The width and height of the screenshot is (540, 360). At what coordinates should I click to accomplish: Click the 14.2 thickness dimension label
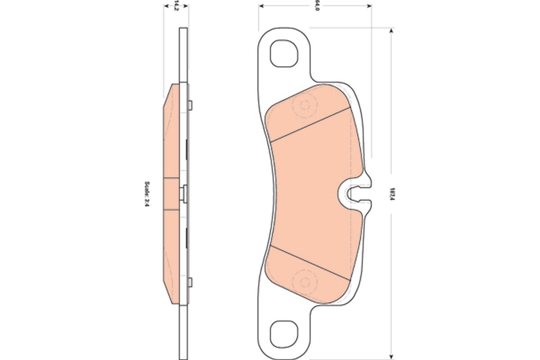click(x=176, y=6)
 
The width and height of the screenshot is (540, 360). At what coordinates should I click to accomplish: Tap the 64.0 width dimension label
click(x=316, y=6)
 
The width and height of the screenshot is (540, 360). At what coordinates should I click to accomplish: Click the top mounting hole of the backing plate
click(x=283, y=53)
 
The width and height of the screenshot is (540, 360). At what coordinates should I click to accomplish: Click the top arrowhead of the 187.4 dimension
click(x=391, y=31)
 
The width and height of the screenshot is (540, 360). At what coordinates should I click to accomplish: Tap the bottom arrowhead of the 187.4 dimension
click(x=391, y=356)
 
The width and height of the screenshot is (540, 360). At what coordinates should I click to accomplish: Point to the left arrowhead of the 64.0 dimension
click(x=261, y=6)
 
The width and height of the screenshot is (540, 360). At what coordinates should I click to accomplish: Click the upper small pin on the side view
click(x=191, y=105)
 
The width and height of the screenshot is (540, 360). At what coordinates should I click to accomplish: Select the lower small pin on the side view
click(x=191, y=282)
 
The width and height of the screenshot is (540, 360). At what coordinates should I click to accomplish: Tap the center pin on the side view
click(x=183, y=193)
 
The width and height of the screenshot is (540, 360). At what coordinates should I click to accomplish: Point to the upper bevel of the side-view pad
click(x=168, y=95)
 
